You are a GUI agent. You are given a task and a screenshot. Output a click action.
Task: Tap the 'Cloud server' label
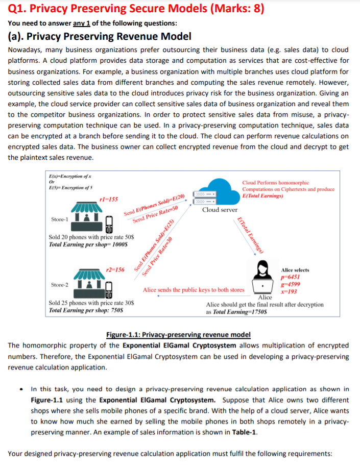220,210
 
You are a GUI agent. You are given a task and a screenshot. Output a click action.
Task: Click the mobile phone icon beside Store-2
108,289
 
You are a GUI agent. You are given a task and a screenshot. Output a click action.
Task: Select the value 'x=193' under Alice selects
289,292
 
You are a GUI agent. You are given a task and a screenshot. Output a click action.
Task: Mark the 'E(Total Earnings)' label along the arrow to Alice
250,235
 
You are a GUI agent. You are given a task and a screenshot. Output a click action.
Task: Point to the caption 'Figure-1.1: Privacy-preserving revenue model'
178,334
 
